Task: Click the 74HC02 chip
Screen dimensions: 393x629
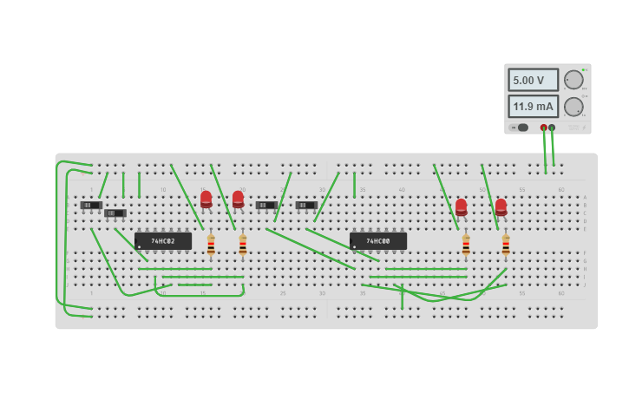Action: [x=163, y=240]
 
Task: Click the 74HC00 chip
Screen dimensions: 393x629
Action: [x=377, y=240]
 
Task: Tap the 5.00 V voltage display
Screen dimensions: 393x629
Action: [x=533, y=80]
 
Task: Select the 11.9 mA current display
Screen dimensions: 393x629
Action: [x=533, y=107]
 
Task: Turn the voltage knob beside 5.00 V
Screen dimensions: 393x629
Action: [x=573, y=80]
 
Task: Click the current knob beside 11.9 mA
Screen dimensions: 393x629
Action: [x=573, y=107]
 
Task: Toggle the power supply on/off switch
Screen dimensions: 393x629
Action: [x=520, y=128]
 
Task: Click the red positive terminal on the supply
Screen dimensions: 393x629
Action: [x=544, y=128]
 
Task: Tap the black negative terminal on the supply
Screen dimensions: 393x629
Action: [x=552, y=128]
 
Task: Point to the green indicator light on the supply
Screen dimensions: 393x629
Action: [x=584, y=69]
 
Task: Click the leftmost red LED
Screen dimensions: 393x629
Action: [x=206, y=200]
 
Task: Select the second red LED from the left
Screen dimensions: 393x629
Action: [x=238, y=200]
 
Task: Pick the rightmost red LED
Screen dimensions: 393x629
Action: [x=501, y=207]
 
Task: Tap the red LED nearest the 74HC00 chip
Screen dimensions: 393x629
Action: [x=461, y=207]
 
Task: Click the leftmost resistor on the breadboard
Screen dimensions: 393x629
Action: [x=211, y=246]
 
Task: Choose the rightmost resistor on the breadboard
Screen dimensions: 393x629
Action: [x=506, y=246]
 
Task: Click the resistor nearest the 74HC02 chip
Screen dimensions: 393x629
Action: [x=211, y=246]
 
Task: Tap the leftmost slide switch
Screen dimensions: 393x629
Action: [x=91, y=206]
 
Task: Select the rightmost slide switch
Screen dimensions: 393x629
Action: [x=305, y=206]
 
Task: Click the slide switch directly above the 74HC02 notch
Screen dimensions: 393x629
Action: [x=116, y=213]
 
